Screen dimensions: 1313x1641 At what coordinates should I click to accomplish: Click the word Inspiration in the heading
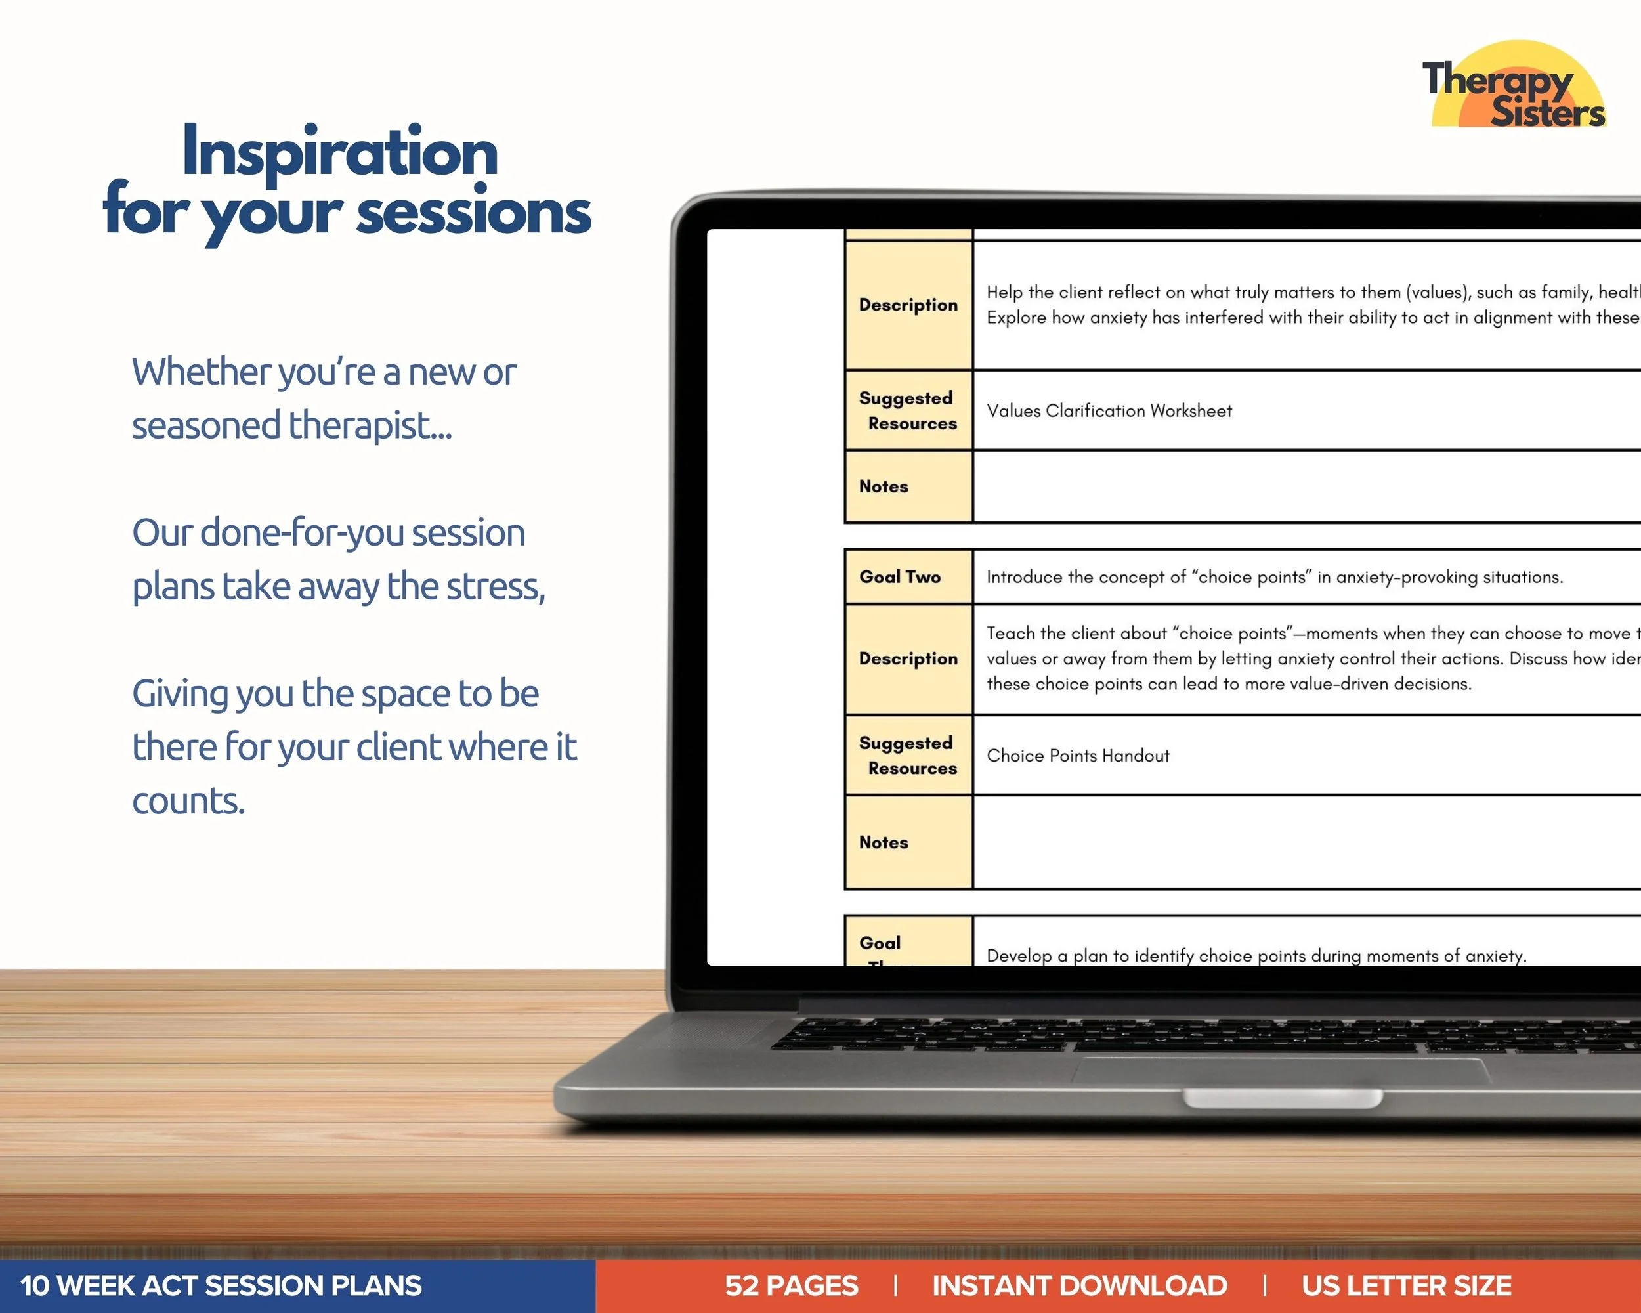[x=339, y=152]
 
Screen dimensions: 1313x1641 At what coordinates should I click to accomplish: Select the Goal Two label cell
[x=900, y=577]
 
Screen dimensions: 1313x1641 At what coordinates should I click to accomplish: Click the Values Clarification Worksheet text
[x=1109, y=411]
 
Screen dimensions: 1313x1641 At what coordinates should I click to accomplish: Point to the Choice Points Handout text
[x=1078, y=756]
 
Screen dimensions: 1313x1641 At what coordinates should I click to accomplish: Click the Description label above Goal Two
[x=908, y=305]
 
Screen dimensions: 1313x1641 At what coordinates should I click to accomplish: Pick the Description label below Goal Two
[x=908, y=659]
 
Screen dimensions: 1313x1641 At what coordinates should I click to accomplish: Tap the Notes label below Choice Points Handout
[x=884, y=842]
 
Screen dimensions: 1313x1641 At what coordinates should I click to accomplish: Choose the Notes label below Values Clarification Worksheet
[x=884, y=486]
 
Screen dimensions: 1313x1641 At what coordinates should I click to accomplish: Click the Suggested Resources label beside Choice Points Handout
[x=908, y=756]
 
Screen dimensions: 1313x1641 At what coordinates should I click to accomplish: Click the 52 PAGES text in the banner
[x=791, y=1285]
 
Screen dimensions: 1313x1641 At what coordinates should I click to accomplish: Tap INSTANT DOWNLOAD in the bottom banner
[x=1079, y=1285]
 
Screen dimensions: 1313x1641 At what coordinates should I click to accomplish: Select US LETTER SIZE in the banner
[x=1406, y=1285]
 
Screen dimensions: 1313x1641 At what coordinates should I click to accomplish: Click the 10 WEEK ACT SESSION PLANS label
[x=221, y=1285]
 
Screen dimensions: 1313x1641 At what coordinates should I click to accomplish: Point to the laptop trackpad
[x=1281, y=1069]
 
